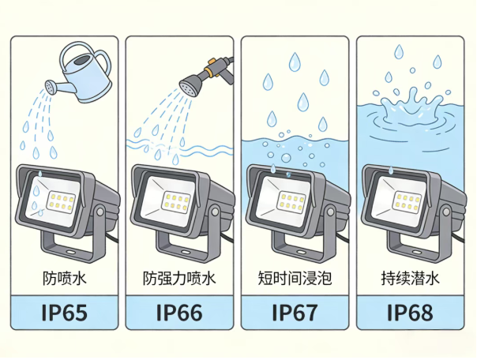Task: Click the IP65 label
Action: pyautogui.click(x=64, y=313)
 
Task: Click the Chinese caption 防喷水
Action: pyautogui.click(x=64, y=279)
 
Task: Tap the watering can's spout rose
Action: pyautogui.click(x=51, y=84)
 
